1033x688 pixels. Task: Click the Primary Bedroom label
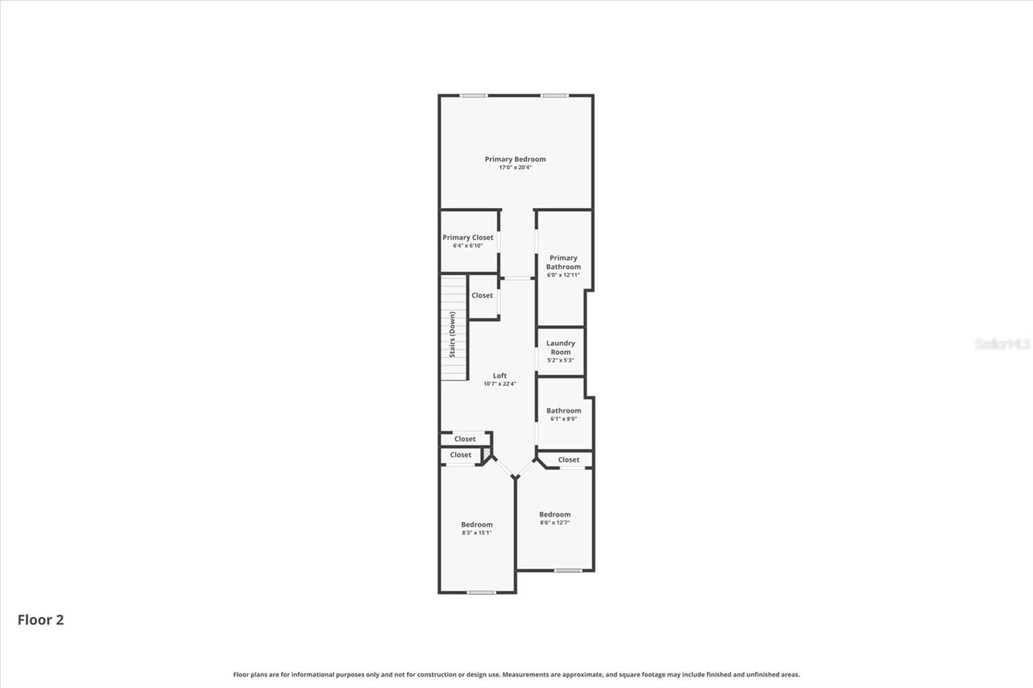tap(515, 159)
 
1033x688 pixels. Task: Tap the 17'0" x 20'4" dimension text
tap(515, 168)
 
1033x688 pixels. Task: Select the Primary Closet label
tap(467, 238)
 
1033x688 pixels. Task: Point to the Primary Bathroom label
tap(563, 262)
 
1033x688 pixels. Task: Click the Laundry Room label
tap(560, 347)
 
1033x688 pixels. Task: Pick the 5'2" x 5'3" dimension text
tap(560, 360)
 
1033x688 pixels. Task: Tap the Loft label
tap(500, 376)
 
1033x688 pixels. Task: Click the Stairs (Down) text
tap(453, 334)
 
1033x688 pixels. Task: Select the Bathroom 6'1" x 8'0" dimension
tap(564, 419)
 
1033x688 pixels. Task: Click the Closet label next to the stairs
tap(482, 296)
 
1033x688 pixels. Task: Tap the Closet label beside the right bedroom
tap(568, 460)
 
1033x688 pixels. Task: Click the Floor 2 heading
tap(41, 620)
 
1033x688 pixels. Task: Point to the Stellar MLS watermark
tap(1002, 344)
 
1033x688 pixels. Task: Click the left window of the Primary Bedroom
tap(473, 96)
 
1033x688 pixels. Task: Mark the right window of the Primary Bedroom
tap(555, 96)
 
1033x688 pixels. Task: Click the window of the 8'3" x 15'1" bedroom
tap(481, 592)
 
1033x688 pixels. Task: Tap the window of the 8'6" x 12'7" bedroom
tap(568, 570)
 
